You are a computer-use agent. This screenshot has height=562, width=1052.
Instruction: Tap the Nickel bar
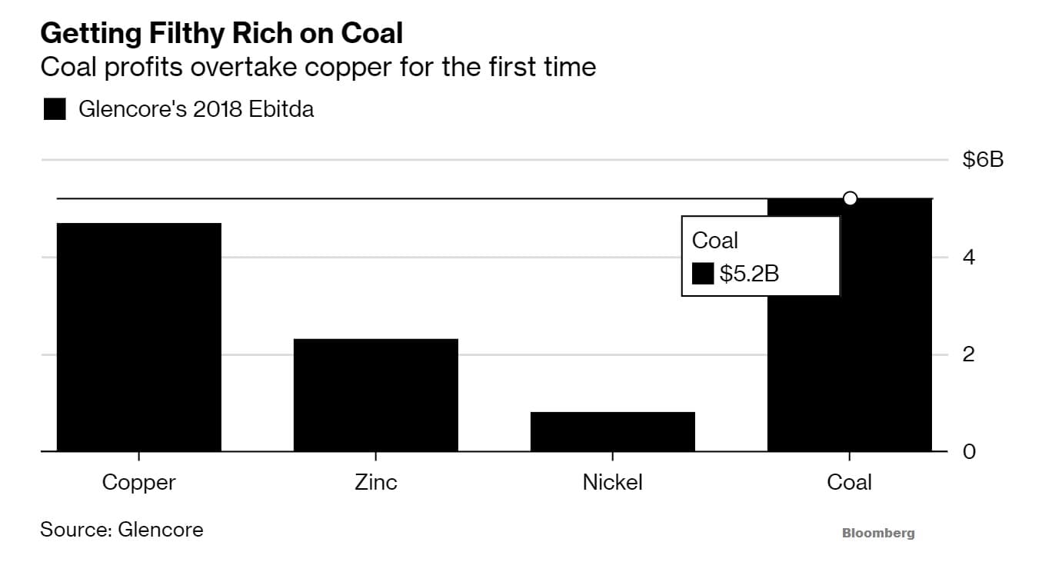click(x=613, y=431)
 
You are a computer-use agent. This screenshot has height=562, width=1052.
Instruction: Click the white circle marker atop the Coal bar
click(x=850, y=198)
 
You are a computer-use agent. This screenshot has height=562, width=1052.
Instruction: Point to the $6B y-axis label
click(x=983, y=160)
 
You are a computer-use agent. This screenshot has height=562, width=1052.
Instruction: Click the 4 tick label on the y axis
click(x=969, y=257)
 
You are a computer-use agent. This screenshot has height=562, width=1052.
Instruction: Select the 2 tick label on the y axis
click(x=969, y=354)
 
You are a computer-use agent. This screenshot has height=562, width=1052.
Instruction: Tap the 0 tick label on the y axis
click(x=969, y=451)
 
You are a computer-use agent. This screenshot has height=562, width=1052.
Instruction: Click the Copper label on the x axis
click(x=139, y=483)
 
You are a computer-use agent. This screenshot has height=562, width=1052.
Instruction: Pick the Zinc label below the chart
click(x=376, y=483)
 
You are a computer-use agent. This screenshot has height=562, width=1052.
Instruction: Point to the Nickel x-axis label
click(x=613, y=483)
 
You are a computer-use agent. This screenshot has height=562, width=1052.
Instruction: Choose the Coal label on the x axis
click(x=850, y=483)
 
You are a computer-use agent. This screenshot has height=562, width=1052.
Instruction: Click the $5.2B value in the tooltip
click(x=749, y=274)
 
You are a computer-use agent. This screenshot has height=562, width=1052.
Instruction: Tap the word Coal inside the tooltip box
click(x=715, y=241)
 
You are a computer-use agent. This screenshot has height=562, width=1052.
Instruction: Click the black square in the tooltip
click(x=703, y=274)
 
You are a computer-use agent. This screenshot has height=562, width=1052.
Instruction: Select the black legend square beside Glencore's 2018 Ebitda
click(x=55, y=110)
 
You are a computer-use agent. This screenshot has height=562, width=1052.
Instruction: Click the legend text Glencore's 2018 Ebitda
click(x=196, y=110)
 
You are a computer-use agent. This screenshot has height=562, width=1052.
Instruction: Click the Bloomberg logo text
click(x=878, y=533)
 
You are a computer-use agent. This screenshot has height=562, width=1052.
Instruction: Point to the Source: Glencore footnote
click(x=122, y=529)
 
